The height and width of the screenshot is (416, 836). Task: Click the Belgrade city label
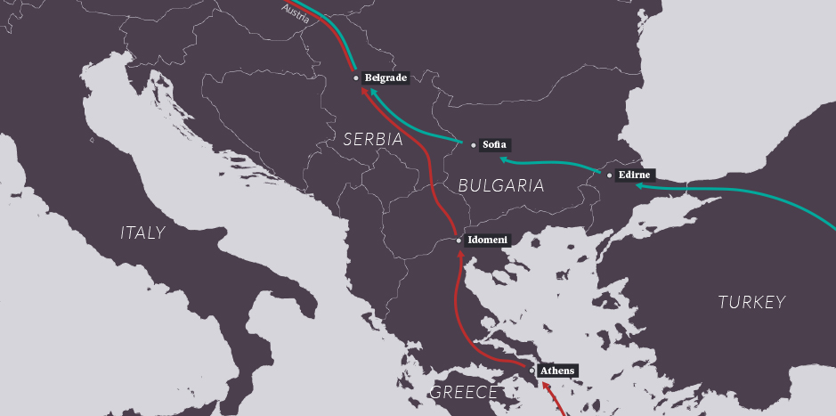386,78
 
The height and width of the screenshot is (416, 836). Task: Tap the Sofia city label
494,144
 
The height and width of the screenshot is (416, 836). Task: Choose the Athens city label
558,371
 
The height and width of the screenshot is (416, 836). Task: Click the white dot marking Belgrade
356,78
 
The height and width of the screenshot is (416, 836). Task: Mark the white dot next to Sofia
474,144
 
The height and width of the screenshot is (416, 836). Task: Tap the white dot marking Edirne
610,175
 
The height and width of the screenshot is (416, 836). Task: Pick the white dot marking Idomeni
459,241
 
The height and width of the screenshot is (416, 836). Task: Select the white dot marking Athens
532,371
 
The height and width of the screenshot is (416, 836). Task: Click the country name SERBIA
373,140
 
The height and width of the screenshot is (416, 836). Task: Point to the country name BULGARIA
500,185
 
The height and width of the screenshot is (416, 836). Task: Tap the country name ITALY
142,233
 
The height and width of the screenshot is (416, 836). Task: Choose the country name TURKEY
751,302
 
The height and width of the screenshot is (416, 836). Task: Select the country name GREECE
463,393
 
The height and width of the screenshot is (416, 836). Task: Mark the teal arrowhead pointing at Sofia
504,159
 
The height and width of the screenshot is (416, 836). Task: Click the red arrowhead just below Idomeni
460,256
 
